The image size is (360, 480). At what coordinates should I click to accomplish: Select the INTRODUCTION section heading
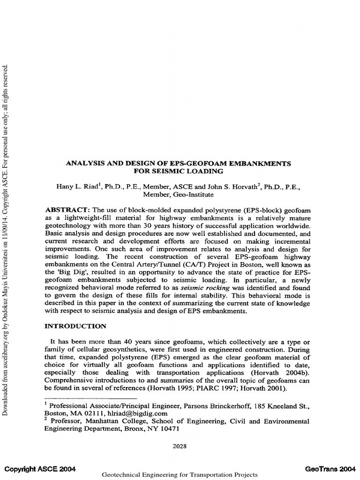click(75, 326)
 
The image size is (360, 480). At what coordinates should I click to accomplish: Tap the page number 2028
click(179, 446)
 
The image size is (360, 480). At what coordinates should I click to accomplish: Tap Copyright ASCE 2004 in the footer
click(40, 469)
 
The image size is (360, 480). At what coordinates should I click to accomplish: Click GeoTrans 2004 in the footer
click(330, 469)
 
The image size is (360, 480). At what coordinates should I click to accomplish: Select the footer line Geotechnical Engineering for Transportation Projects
click(180, 475)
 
